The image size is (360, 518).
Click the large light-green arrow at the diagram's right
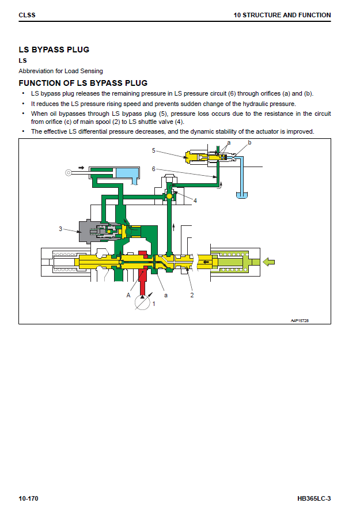(268, 262)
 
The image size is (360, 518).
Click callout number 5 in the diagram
(154, 150)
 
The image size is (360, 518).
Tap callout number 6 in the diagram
(154, 169)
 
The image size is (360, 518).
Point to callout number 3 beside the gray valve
(60, 229)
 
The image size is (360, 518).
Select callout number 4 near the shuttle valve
(195, 201)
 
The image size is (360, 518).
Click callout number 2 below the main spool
(192, 295)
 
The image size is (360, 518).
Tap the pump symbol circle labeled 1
(142, 303)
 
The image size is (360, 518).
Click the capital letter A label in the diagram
(128, 295)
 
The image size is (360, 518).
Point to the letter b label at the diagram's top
(249, 142)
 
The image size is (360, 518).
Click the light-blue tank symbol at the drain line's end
(242, 195)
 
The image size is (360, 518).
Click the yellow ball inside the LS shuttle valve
(169, 196)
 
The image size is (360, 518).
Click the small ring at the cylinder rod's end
(69, 172)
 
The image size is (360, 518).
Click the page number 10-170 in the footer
(28, 498)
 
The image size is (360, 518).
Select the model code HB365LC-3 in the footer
(314, 498)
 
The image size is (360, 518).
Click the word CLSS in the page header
(27, 15)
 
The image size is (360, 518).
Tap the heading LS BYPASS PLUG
(54, 50)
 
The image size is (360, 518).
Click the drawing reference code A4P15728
(300, 320)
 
